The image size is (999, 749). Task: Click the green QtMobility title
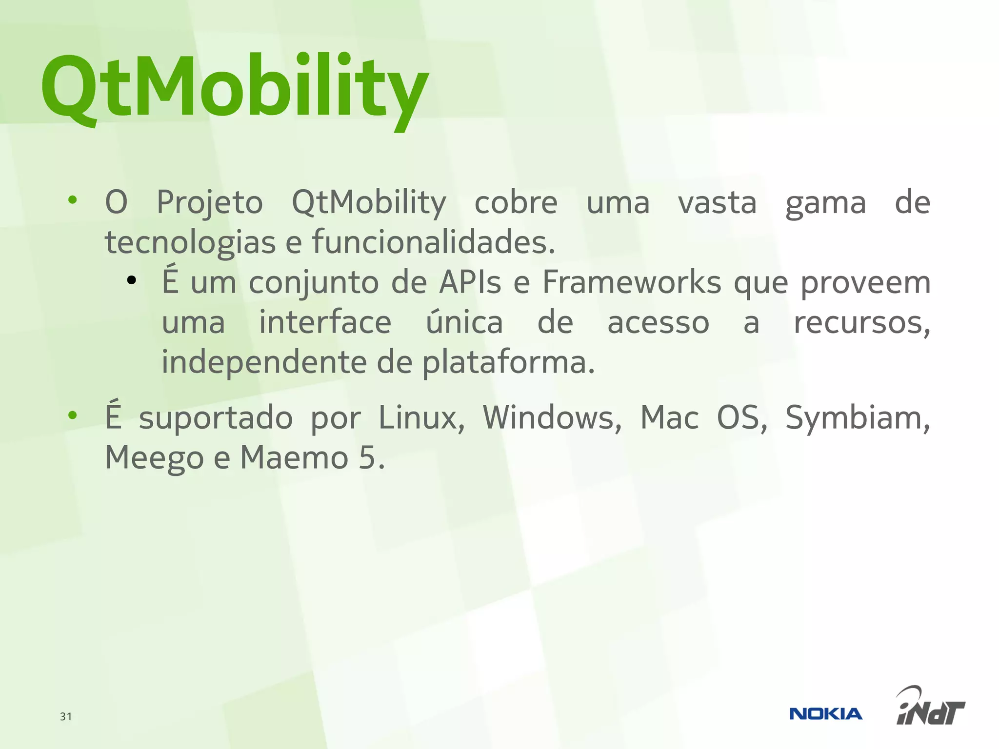tap(234, 88)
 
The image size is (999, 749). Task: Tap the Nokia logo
tap(825, 714)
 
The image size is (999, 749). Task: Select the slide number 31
tap(66, 716)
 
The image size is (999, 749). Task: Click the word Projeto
tap(210, 202)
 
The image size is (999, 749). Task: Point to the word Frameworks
tap(632, 282)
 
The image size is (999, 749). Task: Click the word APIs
tap(470, 282)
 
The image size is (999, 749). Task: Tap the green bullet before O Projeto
tap(73, 199)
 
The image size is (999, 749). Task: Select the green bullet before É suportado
tap(73, 415)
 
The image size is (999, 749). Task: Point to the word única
tap(464, 322)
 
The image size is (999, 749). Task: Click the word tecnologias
tap(190, 242)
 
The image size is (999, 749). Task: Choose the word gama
tap(825, 203)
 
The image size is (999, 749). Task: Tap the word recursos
tap(861, 323)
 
